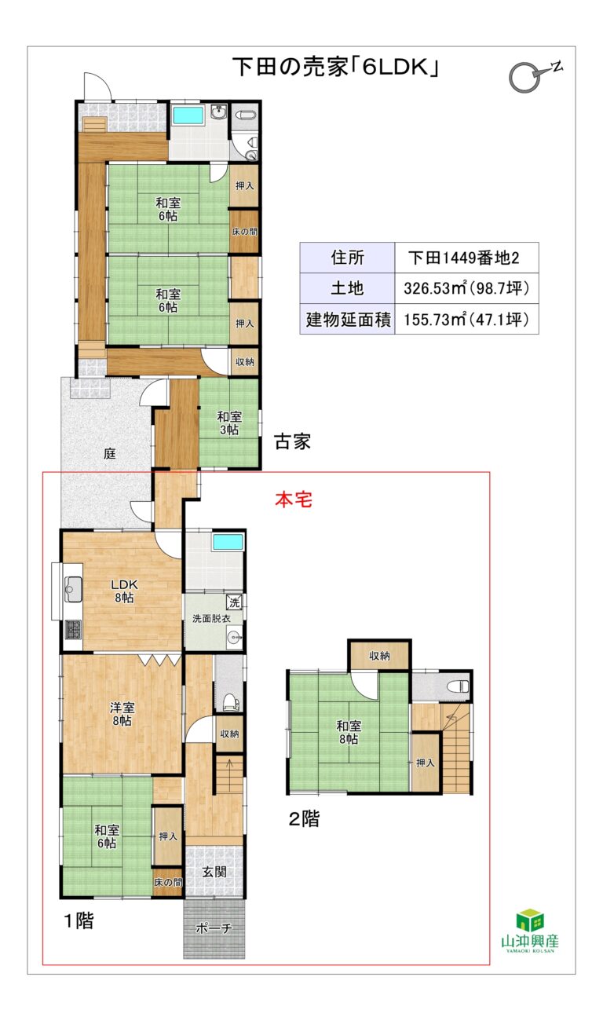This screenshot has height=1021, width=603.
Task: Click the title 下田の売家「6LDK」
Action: point(334,68)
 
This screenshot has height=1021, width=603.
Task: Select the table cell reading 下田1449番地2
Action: point(465,257)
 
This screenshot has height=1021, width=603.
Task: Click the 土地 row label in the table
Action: point(346,287)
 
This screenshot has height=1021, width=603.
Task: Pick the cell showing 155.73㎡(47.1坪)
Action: point(465,319)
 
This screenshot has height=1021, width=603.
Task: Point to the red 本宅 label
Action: point(293,500)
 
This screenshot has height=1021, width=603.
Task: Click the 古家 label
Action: point(292,442)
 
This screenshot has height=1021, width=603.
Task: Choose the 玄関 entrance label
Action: point(214,871)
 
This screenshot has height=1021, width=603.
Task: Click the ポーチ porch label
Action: point(214,928)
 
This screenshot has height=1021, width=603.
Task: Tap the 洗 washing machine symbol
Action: point(233,602)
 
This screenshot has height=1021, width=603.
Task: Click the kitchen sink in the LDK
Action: point(73,587)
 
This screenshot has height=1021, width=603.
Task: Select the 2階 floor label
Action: point(304,819)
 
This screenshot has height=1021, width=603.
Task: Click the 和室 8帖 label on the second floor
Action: point(348,732)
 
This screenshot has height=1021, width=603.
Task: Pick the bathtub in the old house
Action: point(188,115)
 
